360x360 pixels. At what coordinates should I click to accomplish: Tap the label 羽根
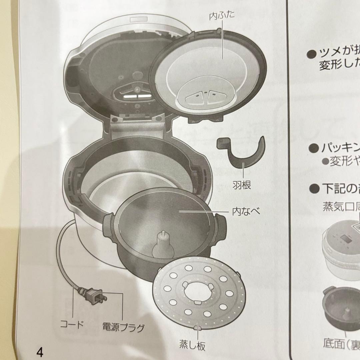click(x=242, y=185)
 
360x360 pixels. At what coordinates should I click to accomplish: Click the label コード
click(x=71, y=324)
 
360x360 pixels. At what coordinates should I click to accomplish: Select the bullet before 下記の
click(x=314, y=189)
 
